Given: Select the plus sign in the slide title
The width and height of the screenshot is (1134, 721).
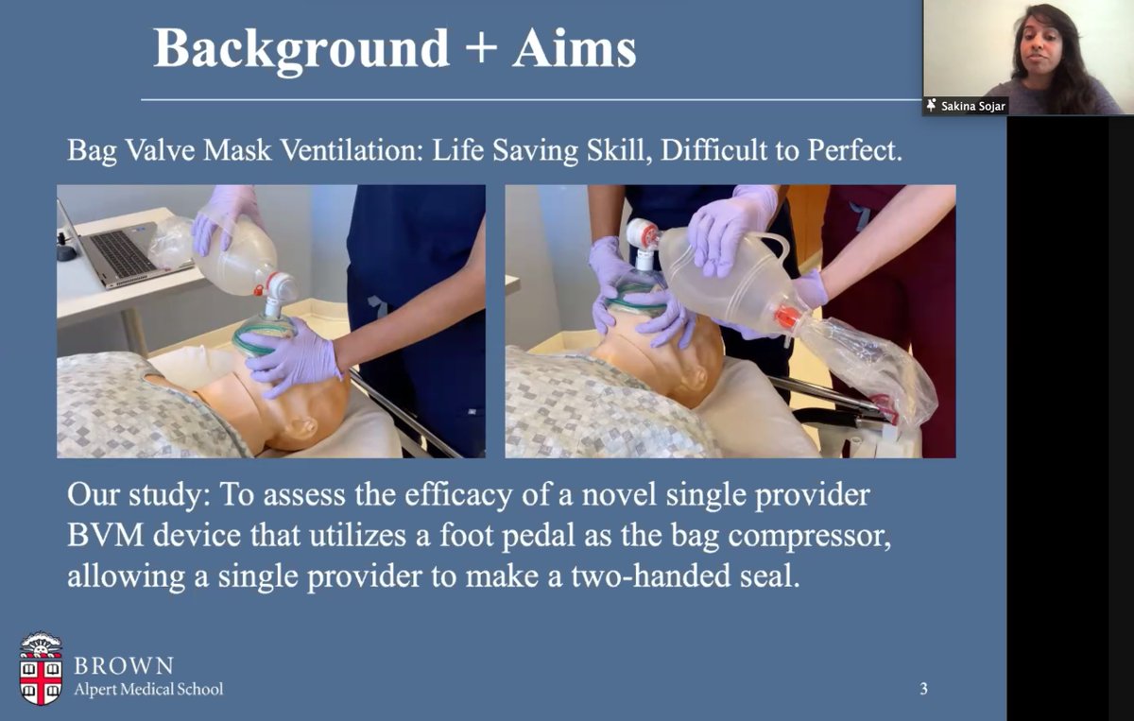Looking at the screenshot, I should tap(481, 49).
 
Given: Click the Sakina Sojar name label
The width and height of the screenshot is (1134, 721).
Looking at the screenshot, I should tap(972, 106).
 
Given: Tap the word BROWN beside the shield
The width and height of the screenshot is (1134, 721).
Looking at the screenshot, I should tap(124, 665).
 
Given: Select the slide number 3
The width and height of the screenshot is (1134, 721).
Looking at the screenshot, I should tap(923, 689).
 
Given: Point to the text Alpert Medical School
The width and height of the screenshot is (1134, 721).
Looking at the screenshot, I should tap(149, 689).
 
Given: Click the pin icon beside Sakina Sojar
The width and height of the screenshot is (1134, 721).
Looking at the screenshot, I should tap(932, 106).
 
